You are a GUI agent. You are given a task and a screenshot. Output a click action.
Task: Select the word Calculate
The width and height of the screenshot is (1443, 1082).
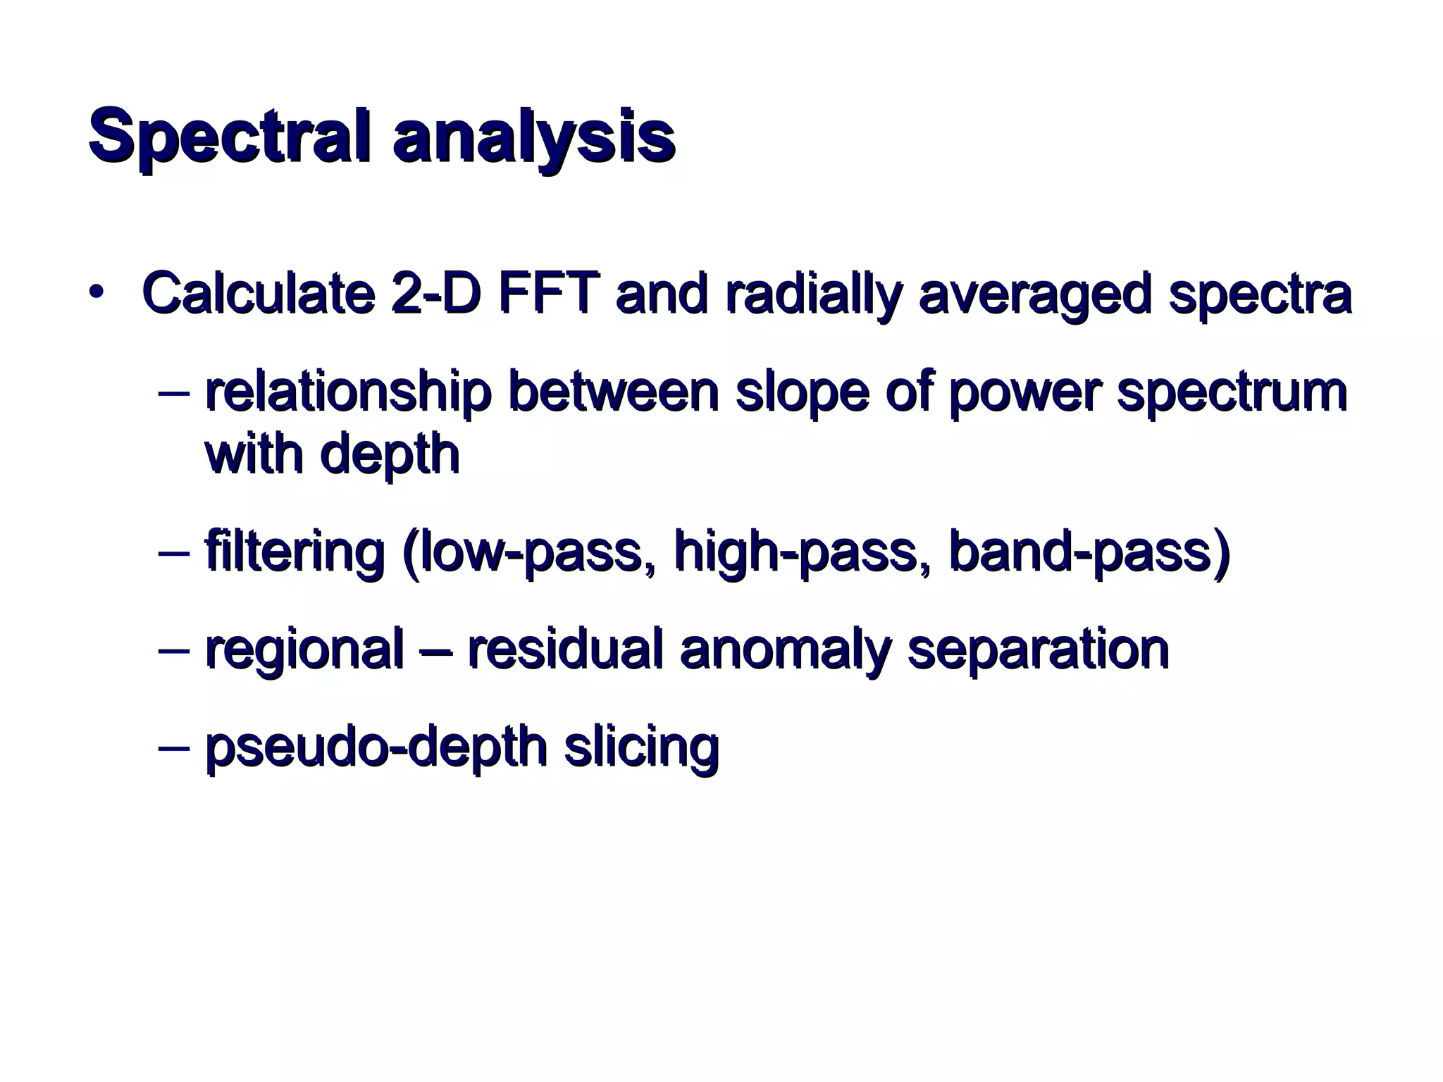(x=258, y=293)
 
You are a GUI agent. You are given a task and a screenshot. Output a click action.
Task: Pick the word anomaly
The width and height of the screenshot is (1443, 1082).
(x=786, y=649)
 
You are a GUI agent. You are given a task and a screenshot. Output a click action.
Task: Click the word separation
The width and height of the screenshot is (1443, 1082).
(x=1038, y=649)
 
